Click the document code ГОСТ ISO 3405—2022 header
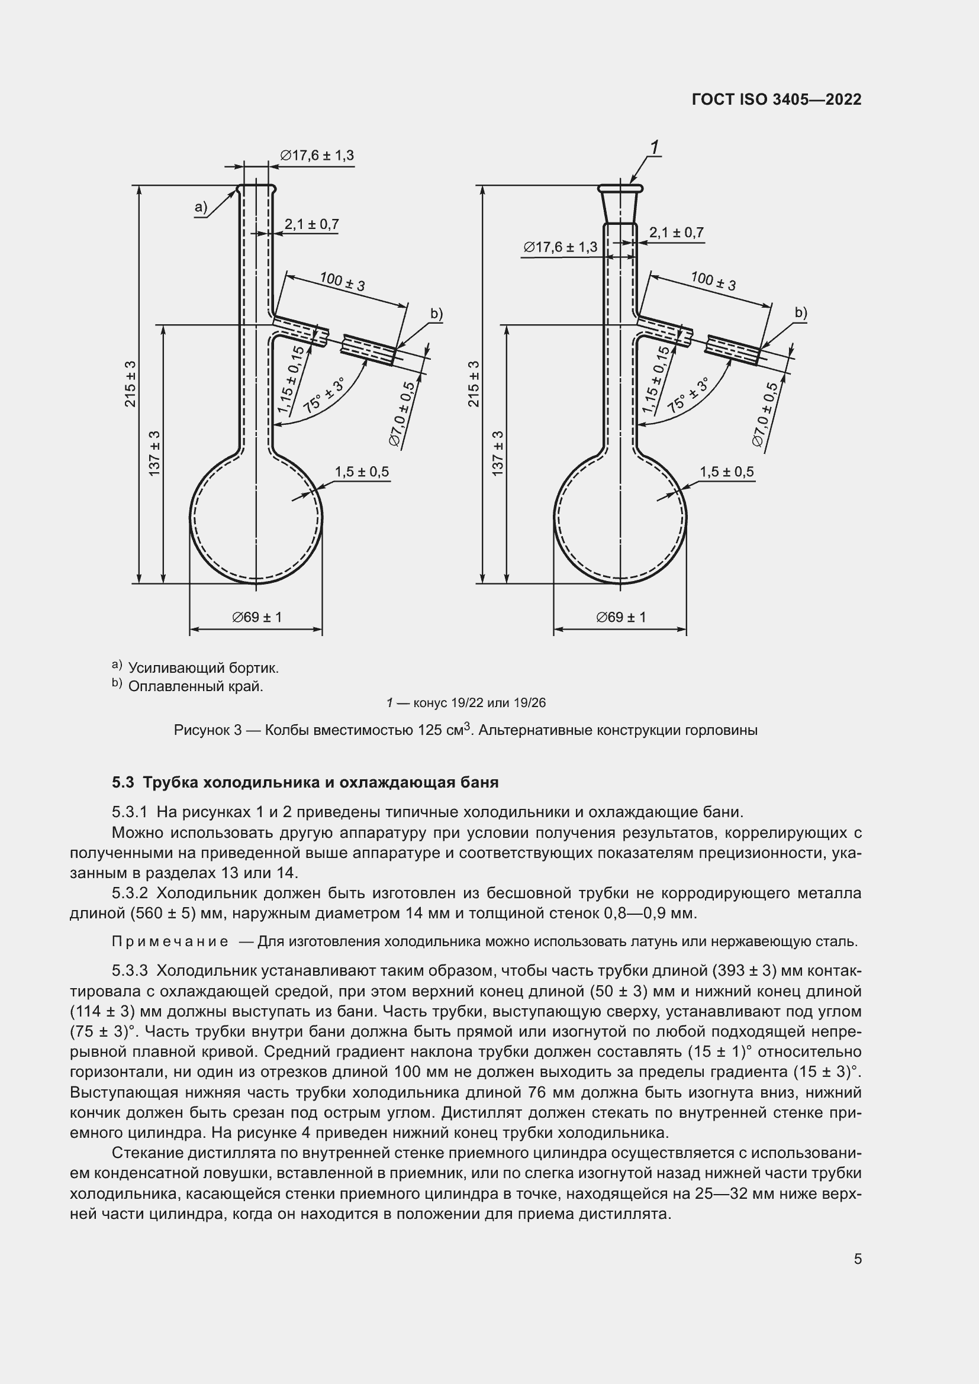pyautogui.click(x=777, y=99)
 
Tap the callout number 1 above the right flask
pyautogui.click(x=655, y=147)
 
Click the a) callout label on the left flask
pyautogui.click(x=201, y=208)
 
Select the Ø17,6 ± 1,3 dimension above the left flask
pyautogui.click(x=317, y=156)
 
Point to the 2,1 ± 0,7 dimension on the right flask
pyautogui.click(x=677, y=233)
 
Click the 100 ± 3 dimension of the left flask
pyautogui.click(x=342, y=282)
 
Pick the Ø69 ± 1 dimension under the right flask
pyautogui.click(x=621, y=617)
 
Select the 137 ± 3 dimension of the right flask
pyautogui.click(x=498, y=453)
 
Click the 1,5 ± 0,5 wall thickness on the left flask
pyautogui.click(x=362, y=472)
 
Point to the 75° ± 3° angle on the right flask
pyautogui.click(x=687, y=395)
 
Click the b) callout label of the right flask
pyautogui.click(x=801, y=313)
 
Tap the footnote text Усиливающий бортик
pyautogui.click(x=203, y=668)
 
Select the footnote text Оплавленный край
pyautogui.click(x=195, y=686)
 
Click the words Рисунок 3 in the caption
pyautogui.click(x=207, y=731)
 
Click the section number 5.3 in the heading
pyautogui.click(x=123, y=782)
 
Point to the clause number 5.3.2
pyautogui.click(x=130, y=893)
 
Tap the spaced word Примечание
pyautogui.click(x=170, y=941)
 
